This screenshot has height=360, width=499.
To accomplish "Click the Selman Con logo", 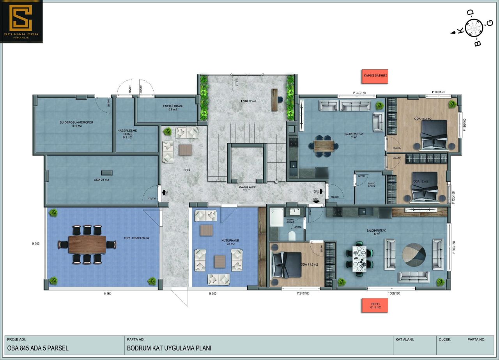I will point(21,21).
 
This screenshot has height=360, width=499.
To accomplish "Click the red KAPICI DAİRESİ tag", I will point(375,77).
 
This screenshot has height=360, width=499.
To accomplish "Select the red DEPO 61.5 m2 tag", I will point(375,305).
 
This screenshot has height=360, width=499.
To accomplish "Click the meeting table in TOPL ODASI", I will point(87,245).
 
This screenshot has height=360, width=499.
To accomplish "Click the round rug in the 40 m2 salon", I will point(414,255).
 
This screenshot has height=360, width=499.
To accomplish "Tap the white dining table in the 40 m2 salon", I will point(360,257).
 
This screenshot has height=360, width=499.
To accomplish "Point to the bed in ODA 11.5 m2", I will point(287,265).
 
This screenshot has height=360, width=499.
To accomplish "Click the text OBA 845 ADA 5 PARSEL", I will point(37,348).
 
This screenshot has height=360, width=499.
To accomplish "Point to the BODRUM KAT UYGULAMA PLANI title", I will point(169,348).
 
